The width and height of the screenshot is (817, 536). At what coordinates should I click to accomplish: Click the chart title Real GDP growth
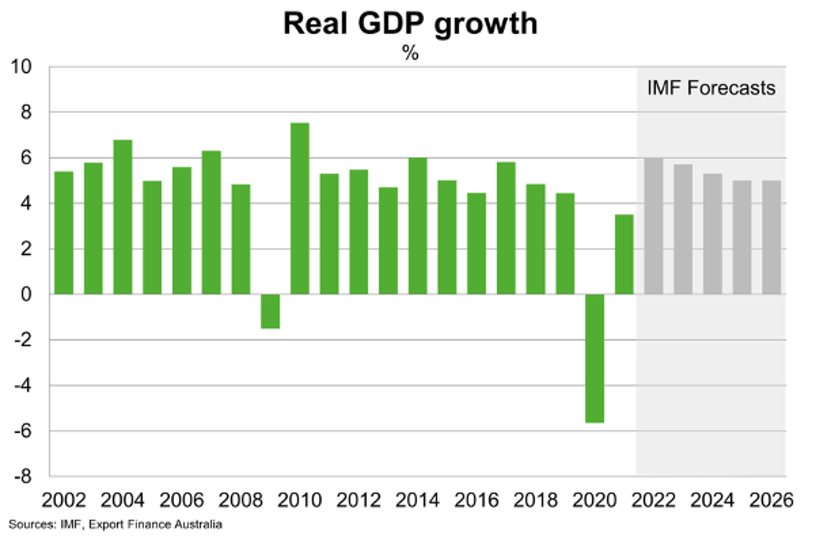(410, 24)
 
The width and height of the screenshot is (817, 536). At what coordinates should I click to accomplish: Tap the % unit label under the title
(410, 53)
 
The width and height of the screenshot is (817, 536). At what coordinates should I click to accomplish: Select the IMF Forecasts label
(711, 88)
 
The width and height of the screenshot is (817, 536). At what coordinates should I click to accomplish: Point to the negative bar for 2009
(270, 311)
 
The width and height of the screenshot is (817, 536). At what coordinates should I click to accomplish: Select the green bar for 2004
(122, 217)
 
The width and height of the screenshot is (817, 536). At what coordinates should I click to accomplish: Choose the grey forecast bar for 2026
(771, 237)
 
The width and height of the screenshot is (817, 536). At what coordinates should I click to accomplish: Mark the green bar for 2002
(64, 233)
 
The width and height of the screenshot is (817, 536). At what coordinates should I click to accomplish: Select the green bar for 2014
(418, 226)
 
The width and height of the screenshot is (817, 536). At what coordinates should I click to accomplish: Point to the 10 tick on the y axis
(21, 67)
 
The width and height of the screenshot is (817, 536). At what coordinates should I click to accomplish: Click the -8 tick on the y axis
(23, 476)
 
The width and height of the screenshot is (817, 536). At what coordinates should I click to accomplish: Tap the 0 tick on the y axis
(26, 294)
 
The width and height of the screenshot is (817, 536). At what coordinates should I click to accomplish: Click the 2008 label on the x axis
(241, 501)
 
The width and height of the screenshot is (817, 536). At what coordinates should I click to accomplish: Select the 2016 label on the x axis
(476, 501)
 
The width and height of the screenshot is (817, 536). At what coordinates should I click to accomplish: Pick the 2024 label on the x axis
(712, 501)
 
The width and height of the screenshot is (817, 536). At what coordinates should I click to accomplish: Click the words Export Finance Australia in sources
(155, 524)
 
